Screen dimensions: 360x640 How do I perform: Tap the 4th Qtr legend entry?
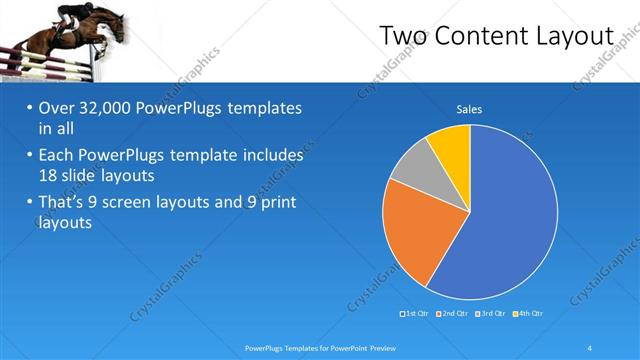(529, 314)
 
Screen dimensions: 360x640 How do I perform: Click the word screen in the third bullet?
(154, 203)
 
